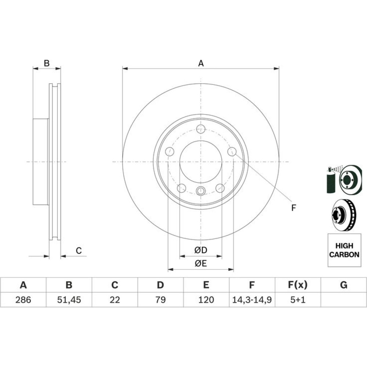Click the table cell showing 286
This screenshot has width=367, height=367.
coord(23,300)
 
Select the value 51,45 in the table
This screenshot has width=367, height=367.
coord(69,300)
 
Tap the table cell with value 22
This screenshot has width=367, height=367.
coord(115,300)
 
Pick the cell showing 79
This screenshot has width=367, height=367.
coord(161,300)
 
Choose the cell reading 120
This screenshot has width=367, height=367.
coord(206,300)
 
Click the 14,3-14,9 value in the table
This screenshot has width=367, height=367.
coord(252,300)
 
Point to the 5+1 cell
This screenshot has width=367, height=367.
coord(298,300)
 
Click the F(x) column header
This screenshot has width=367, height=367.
coord(298,285)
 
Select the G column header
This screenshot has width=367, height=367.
coord(344,285)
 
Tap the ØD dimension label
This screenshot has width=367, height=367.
coord(201,250)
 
